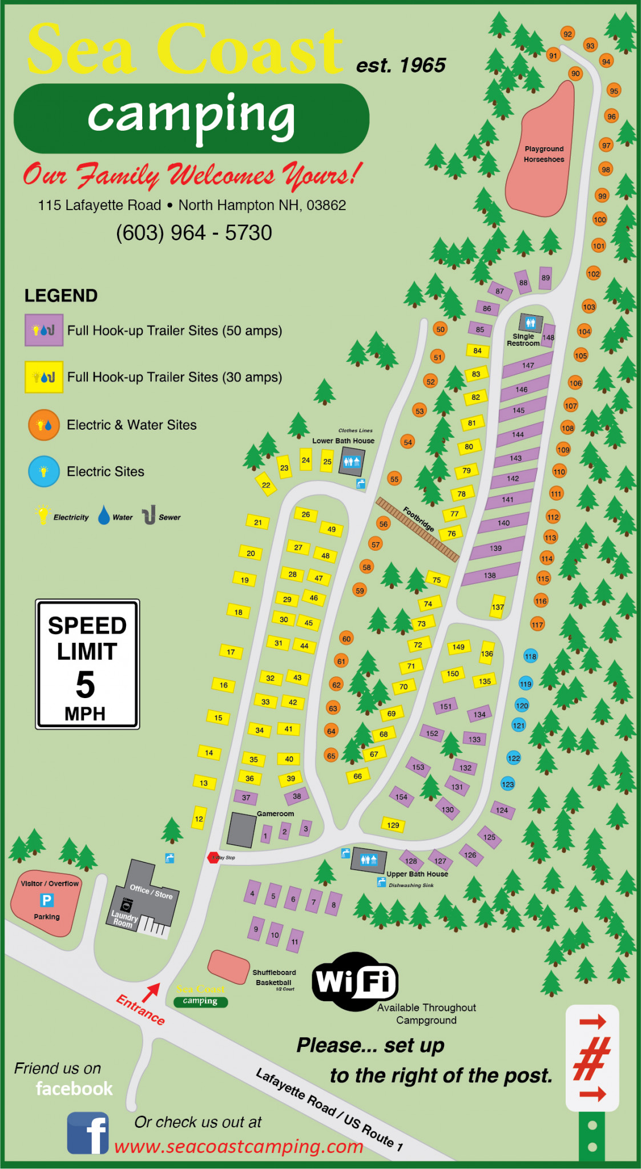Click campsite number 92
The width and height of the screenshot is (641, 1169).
tap(567, 34)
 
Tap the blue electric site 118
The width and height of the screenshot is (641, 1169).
tap(530, 656)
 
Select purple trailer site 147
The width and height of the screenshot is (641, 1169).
tap(528, 365)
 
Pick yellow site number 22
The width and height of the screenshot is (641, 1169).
tap(266, 485)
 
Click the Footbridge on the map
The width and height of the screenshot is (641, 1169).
tap(418, 529)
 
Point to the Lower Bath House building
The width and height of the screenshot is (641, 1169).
tap(351, 461)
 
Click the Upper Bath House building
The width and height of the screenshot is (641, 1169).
tap(369, 860)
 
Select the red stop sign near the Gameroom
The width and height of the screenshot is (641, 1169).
tap(213, 857)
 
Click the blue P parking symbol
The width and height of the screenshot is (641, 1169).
tap(47, 900)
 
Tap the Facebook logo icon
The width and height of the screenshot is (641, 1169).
tap(87, 1133)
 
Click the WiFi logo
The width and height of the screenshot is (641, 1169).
tap(354, 981)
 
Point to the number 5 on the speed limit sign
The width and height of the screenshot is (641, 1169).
tap(86, 684)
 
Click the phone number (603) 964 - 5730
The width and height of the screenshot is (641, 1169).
tap(194, 233)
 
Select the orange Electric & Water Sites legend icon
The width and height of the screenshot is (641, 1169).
tap(44, 425)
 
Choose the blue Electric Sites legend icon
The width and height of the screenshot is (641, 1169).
tap(44, 471)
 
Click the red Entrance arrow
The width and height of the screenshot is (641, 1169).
tap(151, 993)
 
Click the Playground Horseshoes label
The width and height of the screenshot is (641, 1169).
tap(544, 154)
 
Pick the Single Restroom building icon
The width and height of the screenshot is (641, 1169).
tap(531, 323)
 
